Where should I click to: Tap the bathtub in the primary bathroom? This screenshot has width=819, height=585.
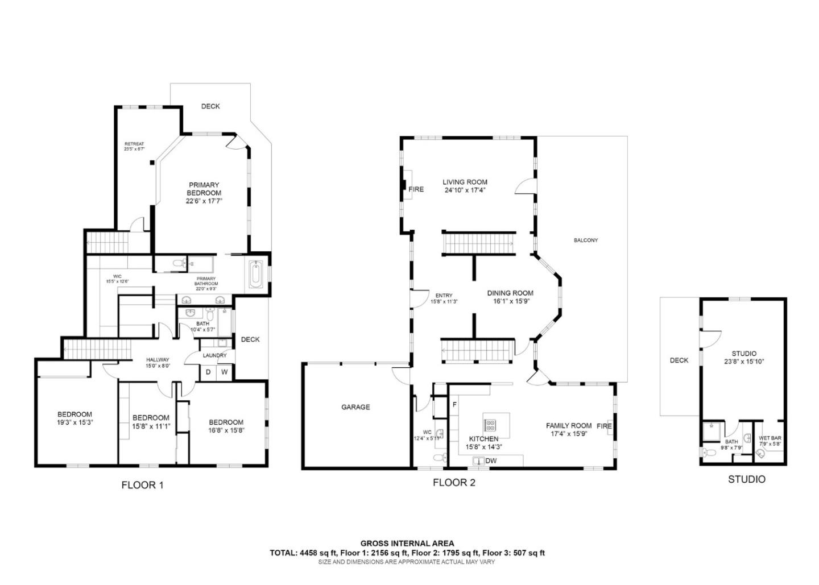(255, 275)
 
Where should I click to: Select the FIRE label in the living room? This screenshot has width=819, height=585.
(416, 189)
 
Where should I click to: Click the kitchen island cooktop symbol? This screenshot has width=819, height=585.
(491, 425)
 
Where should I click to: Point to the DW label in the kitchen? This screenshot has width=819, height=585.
(491, 460)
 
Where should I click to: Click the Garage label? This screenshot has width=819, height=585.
(355, 407)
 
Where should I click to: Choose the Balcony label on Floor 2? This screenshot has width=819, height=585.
(585, 240)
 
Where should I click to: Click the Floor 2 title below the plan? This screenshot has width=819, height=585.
(454, 483)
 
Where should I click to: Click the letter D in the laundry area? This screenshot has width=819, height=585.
(208, 372)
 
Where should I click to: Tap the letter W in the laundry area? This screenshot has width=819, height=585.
(225, 372)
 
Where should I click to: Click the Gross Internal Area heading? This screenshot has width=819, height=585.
(407, 543)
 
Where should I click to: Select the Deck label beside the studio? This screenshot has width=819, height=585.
(679, 360)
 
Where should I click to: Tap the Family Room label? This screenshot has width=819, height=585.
(569, 425)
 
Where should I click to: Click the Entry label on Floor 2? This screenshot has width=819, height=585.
(444, 296)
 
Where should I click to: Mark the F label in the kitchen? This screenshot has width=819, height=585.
(454, 404)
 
